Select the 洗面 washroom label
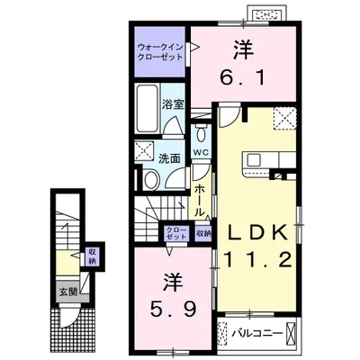point(169,157)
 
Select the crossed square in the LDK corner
point(285,118)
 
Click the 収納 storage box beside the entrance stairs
point(92,256)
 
